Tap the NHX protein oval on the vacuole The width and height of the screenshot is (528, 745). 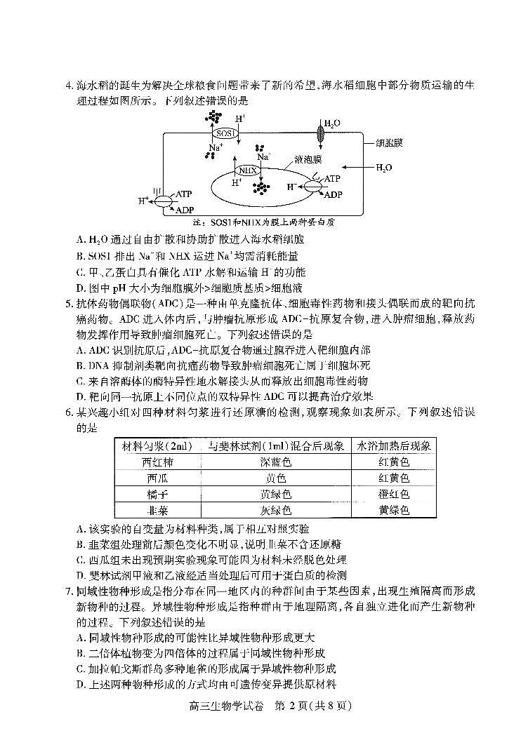coord(246,170)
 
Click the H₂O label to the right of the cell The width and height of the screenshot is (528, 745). coord(384,168)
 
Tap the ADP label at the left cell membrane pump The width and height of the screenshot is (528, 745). coord(185,209)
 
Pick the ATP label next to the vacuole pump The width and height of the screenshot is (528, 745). coord(332,179)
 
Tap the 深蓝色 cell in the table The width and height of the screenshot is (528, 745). coord(275,462)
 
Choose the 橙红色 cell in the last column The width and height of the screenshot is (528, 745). coord(394,494)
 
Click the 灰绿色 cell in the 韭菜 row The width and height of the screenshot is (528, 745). coord(275,510)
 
